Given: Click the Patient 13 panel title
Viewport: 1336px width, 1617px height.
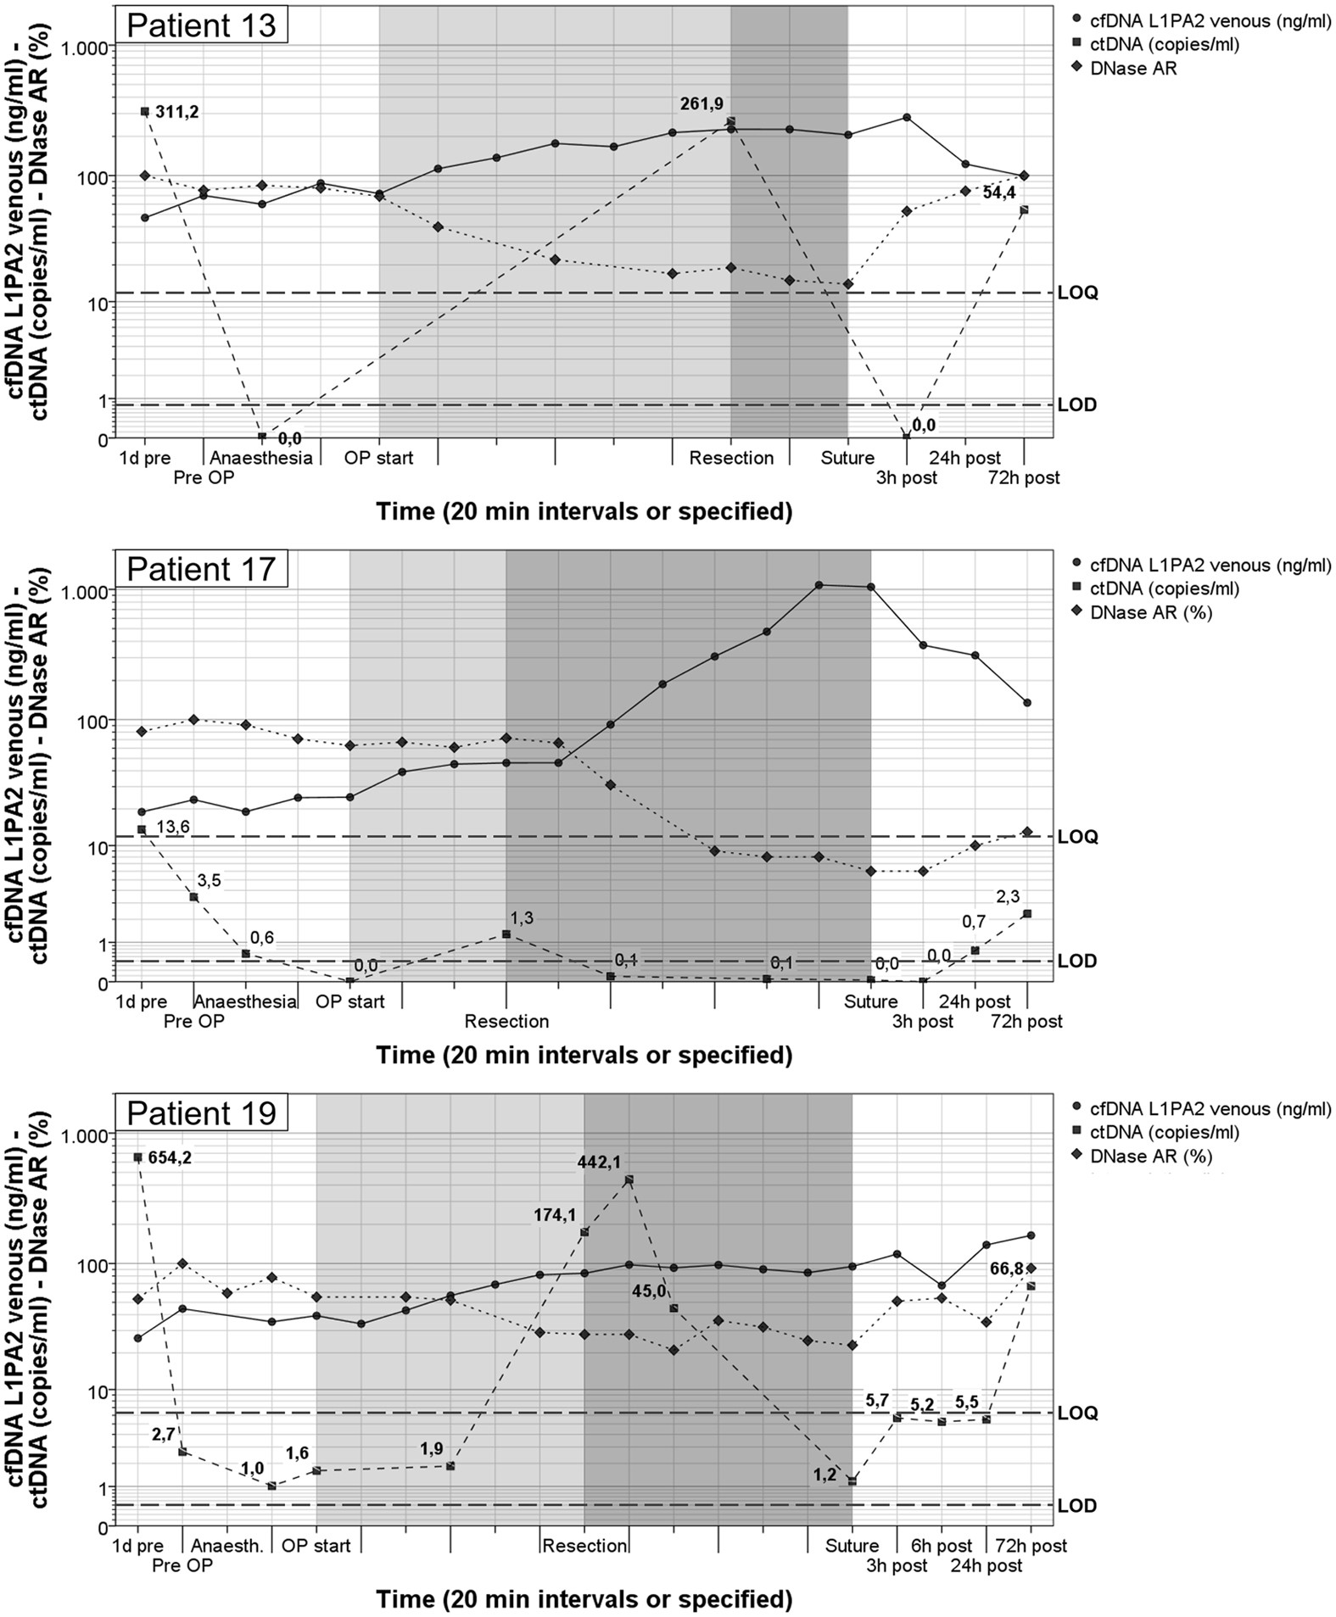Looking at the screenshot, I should click(201, 25).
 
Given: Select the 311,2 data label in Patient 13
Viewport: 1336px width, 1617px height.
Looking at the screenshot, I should click(176, 111).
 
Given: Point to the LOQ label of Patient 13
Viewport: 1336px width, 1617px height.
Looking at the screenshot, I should click(1077, 293).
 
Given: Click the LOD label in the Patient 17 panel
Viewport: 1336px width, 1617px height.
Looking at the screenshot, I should click(1077, 961).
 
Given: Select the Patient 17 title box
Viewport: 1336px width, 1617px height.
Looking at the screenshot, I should click(201, 568).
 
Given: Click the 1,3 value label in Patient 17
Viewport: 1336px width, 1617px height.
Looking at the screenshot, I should click(522, 917).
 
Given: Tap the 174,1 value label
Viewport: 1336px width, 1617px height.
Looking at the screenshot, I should click(555, 1215).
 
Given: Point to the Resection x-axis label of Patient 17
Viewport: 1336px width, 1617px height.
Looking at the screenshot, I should click(506, 1021).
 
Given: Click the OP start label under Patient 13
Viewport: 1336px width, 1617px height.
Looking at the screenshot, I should click(378, 458).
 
